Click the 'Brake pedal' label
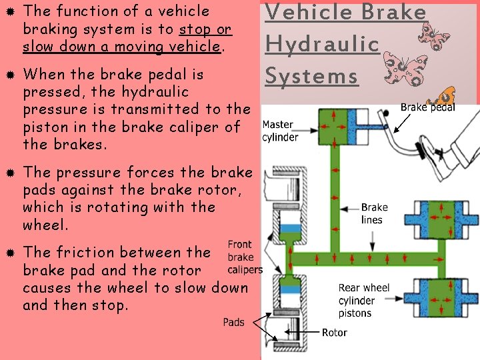tap(427, 107)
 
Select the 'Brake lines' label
tap(374, 213)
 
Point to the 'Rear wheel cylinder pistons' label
tap(364, 300)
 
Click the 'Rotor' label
tap(334, 332)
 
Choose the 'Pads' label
tap(233, 322)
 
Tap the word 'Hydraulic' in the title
tap(322, 44)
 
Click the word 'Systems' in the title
tap(311, 75)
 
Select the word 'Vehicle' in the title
tap(303, 13)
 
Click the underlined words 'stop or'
tap(205, 29)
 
